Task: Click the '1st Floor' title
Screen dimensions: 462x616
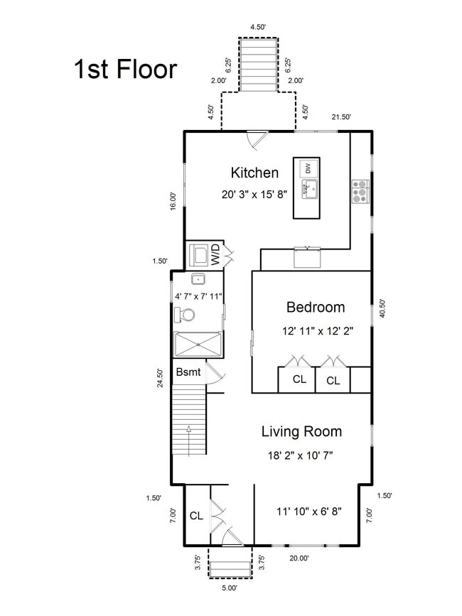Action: [x=126, y=69]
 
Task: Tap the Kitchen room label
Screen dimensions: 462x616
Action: [x=254, y=173]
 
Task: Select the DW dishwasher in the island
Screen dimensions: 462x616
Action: [x=308, y=168]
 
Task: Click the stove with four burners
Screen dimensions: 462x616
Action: [x=360, y=191]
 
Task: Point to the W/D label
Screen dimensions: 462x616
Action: [x=215, y=254]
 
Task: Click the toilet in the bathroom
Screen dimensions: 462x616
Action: [x=185, y=315]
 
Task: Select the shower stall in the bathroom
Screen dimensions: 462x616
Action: [x=198, y=345]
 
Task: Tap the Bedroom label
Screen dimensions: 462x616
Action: [x=316, y=307]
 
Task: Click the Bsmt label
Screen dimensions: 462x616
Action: [x=188, y=372]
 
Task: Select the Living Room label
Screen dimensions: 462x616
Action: [x=301, y=431]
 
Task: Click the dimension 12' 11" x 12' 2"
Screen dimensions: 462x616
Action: [x=318, y=331]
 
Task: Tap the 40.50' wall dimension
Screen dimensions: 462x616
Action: [x=382, y=308]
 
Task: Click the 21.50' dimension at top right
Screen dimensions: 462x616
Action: [x=341, y=117]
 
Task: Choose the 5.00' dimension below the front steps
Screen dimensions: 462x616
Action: [x=230, y=588]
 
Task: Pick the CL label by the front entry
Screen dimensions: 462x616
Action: [x=196, y=516]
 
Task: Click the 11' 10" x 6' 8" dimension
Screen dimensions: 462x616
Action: [x=308, y=512]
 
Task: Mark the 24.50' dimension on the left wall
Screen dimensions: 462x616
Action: [x=161, y=378]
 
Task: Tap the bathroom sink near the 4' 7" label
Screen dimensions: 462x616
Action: [x=198, y=279]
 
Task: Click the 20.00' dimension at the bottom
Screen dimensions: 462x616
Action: [x=299, y=558]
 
